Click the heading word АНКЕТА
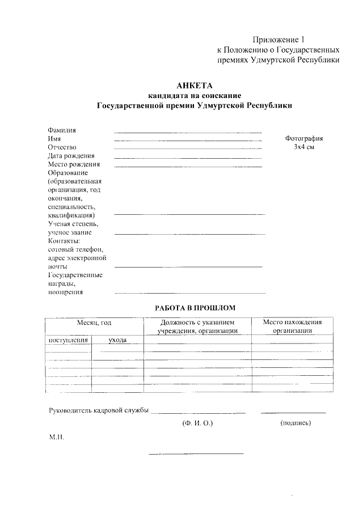pyautogui.click(x=194, y=86)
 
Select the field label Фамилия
pyautogui.click(x=62, y=130)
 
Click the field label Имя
pyautogui.click(x=54, y=138)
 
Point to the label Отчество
pyautogui.click(x=62, y=147)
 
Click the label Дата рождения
pyautogui.click(x=71, y=155)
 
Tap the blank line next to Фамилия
pyautogui.click(x=188, y=132)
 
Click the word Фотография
pyautogui.click(x=304, y=138)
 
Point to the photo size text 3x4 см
pyautogui.click(x=304, y=147)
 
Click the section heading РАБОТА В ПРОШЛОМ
pyautogui.click(x=195, y=308)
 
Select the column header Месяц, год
pyautogui.click(x=94, y=323)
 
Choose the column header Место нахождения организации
pyautogui.click(x=293, y=327)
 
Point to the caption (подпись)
pyautogui.click(x=296, y=423)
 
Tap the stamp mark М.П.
pyautogui.click(x=57, y=438)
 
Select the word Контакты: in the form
pyautogui.click(x=64, y=241)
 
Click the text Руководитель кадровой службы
pyautogui.click(x=98, y=410)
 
